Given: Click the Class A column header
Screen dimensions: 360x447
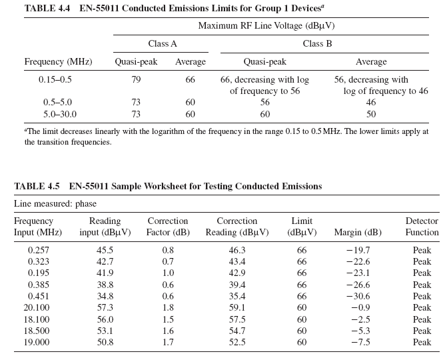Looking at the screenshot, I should tap(162, 44).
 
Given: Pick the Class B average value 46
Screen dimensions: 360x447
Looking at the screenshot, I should tap(371, 103).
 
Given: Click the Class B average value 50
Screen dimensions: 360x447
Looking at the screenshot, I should tap(371, 114).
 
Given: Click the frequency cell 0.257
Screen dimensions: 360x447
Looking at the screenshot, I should tap(39, 251).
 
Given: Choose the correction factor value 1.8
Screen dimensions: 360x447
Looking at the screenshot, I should tap(167, 308).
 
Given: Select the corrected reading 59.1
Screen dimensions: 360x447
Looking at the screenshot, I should tap(236, 308).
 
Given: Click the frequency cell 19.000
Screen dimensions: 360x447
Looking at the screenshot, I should tap(39, 342).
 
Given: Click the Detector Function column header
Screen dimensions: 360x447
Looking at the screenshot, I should tap(422, 227).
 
